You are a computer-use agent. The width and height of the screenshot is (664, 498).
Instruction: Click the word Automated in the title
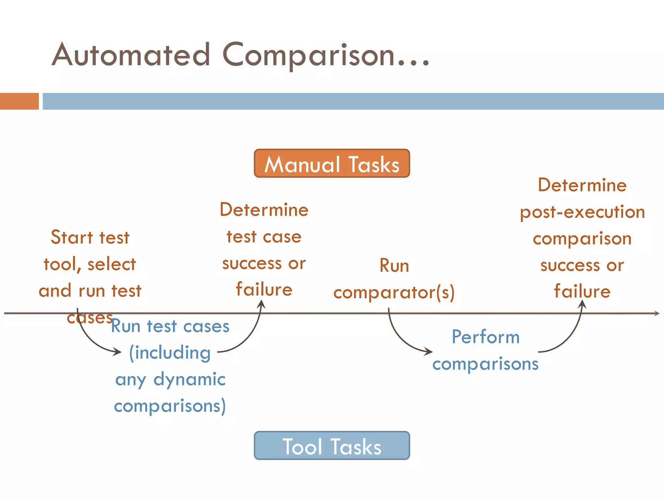[131, 55]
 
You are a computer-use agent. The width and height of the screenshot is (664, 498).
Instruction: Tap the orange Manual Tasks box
[332, 163]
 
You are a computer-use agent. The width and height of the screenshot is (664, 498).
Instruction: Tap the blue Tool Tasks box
[332, 445]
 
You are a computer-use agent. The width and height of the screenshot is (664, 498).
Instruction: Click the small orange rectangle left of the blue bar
[19, 101]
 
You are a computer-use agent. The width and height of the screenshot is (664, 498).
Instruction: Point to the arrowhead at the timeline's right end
[657, 313]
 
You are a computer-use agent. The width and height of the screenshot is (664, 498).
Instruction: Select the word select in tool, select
[112, 264]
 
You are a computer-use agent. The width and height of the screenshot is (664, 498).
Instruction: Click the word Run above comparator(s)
[394, 266]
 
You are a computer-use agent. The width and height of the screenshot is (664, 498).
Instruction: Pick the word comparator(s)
[394, 293]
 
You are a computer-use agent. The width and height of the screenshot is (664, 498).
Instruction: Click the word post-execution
[582, 212]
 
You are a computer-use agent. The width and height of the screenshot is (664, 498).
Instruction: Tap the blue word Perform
[486, 337]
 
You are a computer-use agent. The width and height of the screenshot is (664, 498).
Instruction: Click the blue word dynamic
[189, 379]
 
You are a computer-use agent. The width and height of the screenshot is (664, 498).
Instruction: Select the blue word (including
[170, 353]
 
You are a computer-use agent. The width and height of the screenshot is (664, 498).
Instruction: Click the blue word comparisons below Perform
[485, 364]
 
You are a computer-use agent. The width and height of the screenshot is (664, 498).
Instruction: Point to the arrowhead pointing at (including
[118, 351]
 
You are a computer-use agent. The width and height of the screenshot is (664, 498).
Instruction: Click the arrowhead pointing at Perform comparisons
[429, 351]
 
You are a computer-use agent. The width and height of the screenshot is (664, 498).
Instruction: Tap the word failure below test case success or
[264, 290]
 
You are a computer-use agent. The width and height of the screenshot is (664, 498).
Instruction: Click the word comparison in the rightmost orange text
[582, 239]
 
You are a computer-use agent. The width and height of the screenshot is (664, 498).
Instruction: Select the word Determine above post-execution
[582, 185]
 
